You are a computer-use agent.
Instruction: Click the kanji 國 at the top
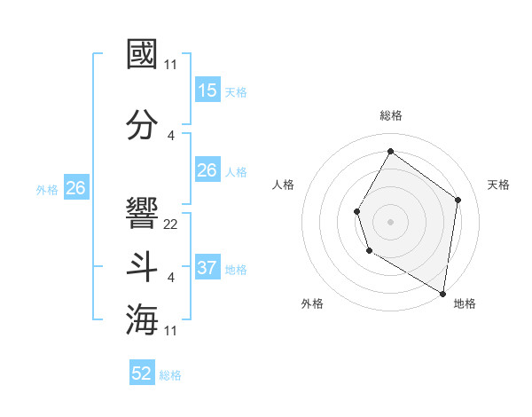coord(143,55)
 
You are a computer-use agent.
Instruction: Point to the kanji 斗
coord(143,267)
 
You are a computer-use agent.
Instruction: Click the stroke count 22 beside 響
coord(171,224)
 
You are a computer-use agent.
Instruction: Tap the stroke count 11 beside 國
coord(171,65)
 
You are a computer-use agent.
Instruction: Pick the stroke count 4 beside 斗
coord(171,278)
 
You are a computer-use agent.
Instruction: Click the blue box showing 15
coord(207,90)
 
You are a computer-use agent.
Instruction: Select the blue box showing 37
coord(207,267)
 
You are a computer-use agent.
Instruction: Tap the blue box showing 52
coord(142,374)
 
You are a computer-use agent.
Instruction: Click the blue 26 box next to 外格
coord(75,188)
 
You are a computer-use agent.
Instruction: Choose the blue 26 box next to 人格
coord(207,170)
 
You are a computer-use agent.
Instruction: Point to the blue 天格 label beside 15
coord(236,91)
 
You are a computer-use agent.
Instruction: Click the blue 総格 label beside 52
coord(170,375)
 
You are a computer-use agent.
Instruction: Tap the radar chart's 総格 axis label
coord(390,115)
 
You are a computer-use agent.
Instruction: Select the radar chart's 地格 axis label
coord(465,303)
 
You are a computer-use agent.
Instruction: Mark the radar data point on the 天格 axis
coord(458,200)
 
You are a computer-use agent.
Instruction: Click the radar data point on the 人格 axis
coord(356,211)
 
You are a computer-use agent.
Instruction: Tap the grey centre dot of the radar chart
coord(390,222)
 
